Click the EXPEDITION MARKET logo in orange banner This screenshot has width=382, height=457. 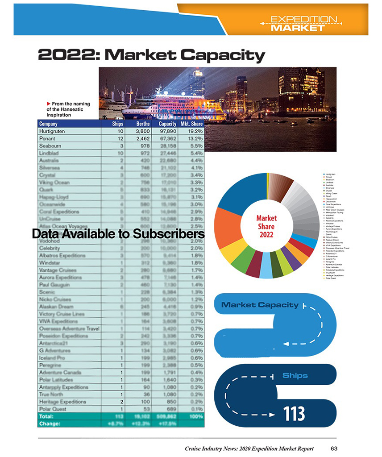coord(298,24)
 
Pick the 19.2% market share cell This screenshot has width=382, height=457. coord(195,132)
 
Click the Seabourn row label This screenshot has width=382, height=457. coord(50,146)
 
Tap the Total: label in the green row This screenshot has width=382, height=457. coord(47,416)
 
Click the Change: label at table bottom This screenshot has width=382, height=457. coord(50,423)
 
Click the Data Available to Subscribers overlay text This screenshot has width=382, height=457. coord(118,234)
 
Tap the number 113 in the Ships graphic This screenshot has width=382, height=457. coord(293,414)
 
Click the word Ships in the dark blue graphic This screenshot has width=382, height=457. coord(295,375)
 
